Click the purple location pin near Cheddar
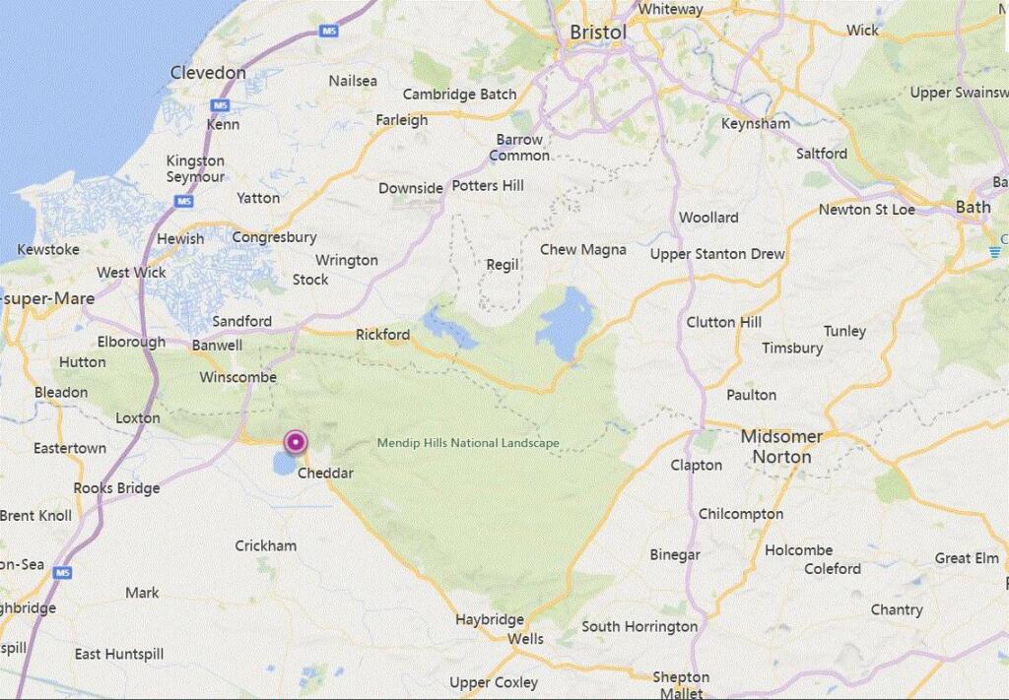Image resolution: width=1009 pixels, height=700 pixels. [295, 443]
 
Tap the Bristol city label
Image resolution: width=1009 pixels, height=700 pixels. [598, 32]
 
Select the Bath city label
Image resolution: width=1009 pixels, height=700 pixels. [973, 207]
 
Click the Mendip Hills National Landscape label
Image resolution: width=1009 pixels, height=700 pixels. [468, 443]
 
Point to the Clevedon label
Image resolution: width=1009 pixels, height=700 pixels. [208, 73]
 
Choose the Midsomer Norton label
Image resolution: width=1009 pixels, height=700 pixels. [781, 446]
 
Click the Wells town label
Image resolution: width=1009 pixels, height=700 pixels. [525, 639]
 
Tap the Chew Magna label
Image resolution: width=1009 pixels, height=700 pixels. [582, 250]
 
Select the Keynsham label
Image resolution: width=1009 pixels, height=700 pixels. [756, 124]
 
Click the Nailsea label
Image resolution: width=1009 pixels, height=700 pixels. [353, 81]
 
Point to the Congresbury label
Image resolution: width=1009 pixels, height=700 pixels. [274, 237]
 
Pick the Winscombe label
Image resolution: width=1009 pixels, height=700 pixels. [237, 377]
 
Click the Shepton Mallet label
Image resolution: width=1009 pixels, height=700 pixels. [681, 684]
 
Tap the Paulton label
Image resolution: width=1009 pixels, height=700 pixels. [751, 395]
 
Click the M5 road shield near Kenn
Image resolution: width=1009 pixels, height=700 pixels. [221, 105]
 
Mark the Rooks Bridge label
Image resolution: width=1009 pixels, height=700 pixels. [116, 488]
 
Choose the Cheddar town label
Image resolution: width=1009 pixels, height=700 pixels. [325, 474]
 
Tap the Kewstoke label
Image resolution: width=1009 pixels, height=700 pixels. [48, 250]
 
